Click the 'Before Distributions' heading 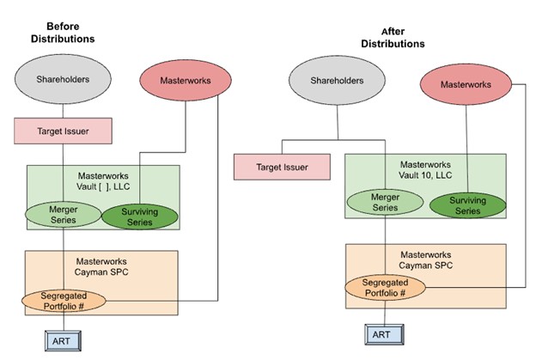[63, 33]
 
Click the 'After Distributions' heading [392, 37]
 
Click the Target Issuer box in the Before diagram [63, 132]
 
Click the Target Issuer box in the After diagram [283, 167]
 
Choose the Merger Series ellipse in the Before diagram [63, 215]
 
